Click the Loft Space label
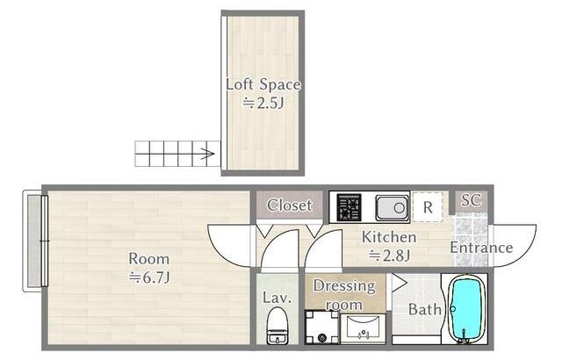(x=263, y=84)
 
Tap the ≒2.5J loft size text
(x=263, y=103)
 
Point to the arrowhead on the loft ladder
(x=208, y=154)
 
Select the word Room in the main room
(x=148, y=259)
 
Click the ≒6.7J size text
(x=149, y=277)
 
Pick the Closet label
(x=290, y=205)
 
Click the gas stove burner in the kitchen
(x=349, y=207)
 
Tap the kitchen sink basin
(x=392, y=207)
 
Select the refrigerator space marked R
(x=428, y=207)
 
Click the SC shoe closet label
(x=472, y=200)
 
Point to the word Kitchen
(x=389, y=237)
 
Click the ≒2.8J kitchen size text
(x=389, y=255)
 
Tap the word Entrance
(x=481, y=248)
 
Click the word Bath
(x=425, y=309)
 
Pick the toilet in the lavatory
(x=277, y=326)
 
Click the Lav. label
(x=277, y=298)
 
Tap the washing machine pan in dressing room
(x=322, y=327)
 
